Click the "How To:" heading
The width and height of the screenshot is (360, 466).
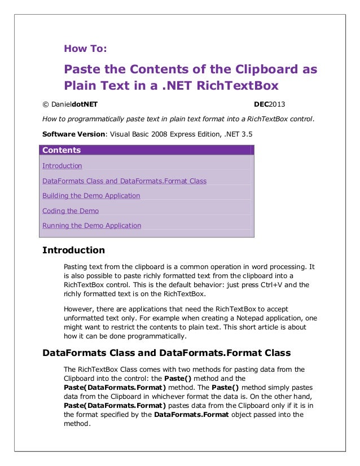[x=85, y=49]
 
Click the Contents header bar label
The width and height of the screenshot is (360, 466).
[x=62, y=150]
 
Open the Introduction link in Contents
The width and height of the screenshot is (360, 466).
[x=62, y=166]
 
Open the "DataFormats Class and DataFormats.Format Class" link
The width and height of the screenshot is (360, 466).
[x=124, y=181]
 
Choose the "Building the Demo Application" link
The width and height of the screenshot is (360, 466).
[x=91, y=196]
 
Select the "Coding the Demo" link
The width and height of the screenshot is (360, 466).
[x=71, y=211]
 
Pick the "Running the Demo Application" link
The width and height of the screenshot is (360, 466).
[x=91, y=226]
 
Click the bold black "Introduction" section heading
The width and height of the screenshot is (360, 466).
[x=74, y=250]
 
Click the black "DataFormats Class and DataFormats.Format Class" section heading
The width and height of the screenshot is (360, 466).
[x=166, y=353]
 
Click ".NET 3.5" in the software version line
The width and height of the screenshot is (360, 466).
[x=238, y=134]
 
